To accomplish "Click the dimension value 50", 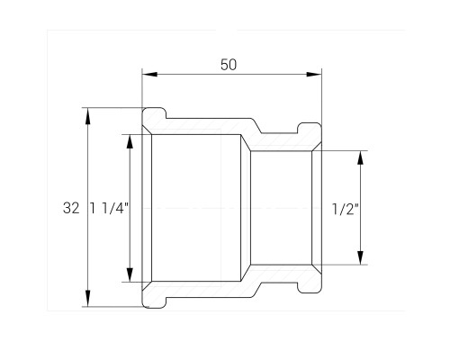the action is pyautogui.click(x=229, y=65).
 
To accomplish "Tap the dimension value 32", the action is pyautogui.click(x=71, y=208).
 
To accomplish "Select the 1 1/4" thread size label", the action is pyautogui.click(x=110, y=208).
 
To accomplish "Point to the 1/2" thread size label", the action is pyautogui.click(x=346, y=209).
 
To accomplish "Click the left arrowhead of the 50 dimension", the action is pyautogui.click(x=149, y=74).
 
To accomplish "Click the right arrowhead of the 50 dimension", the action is pyautogui.click(x=314, y=74).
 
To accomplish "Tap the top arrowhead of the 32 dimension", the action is pyautogui.click(x=87, y=116).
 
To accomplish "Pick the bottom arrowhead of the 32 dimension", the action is pyautogui.click(x=87, y=298).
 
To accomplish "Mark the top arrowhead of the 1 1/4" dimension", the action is pyautogui.click(x=130, y=141).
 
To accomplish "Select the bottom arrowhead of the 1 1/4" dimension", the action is pyautogui.click(x=130, y=274).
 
